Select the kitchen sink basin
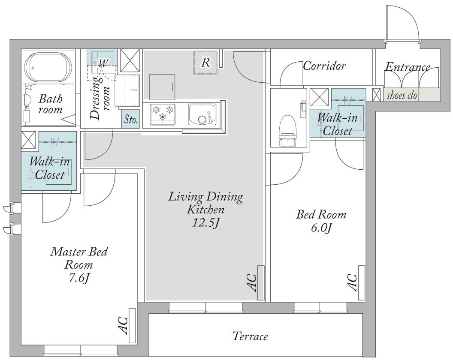(202, 114)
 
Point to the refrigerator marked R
(205, 63)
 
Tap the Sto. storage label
(131, 119)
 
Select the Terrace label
(250, 336)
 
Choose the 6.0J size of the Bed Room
(321, 228)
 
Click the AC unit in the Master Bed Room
(133, 326)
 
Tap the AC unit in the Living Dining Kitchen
(261, 282)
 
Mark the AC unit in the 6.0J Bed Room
(362, 282)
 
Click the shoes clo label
(402, 95)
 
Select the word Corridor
(324, 66)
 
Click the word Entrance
(408, 67)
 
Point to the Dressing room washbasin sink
(127, 91)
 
